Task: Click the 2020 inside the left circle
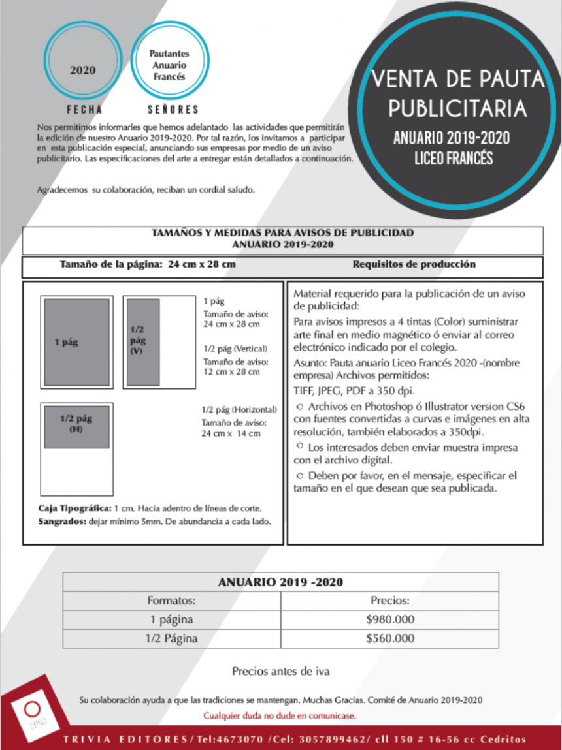click(83, 70)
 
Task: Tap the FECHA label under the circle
click(84, 110)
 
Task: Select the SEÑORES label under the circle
click(173, 110)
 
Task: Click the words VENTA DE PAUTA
click(457, 80)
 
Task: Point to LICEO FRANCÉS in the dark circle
click(453, 158)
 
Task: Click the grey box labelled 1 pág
click(77, 341)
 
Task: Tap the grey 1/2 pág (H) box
click(76, 426)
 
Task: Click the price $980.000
click(390, 619)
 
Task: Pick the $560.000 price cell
click(390, 638)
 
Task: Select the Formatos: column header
click(171, 601)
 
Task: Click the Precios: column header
click(390, 601)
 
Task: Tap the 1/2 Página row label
click(171, 638)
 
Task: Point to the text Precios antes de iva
click(280, 671)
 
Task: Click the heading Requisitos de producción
click(414, 264)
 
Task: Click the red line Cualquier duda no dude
click(280, 716)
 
